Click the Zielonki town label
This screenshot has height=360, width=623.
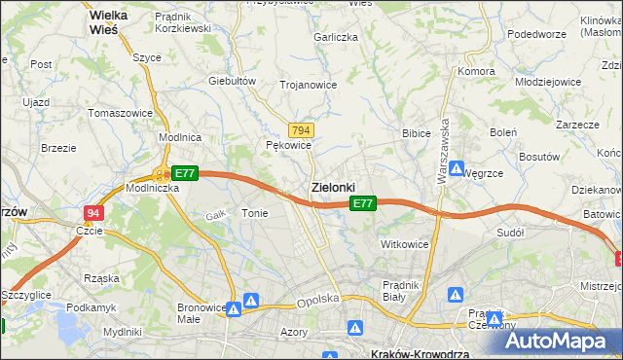pos(332,186)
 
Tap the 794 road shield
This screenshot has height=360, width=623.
pos(301,130)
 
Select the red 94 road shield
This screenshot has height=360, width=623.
pos(92,213)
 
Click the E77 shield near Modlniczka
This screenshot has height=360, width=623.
pos(185,173)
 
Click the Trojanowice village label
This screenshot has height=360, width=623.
pos(308,85)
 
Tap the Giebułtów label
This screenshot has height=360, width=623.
pos(232,81)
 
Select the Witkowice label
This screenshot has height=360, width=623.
pos(405,244)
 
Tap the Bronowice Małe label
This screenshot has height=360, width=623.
pos(202,313)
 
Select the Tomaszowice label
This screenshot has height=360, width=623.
pos(121,113)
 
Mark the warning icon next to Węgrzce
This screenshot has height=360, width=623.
pos(457,167)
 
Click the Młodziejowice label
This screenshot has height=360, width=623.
pos(548,82)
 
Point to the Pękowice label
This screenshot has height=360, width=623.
pos(288,145)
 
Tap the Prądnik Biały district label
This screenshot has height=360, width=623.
pos(400,290)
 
